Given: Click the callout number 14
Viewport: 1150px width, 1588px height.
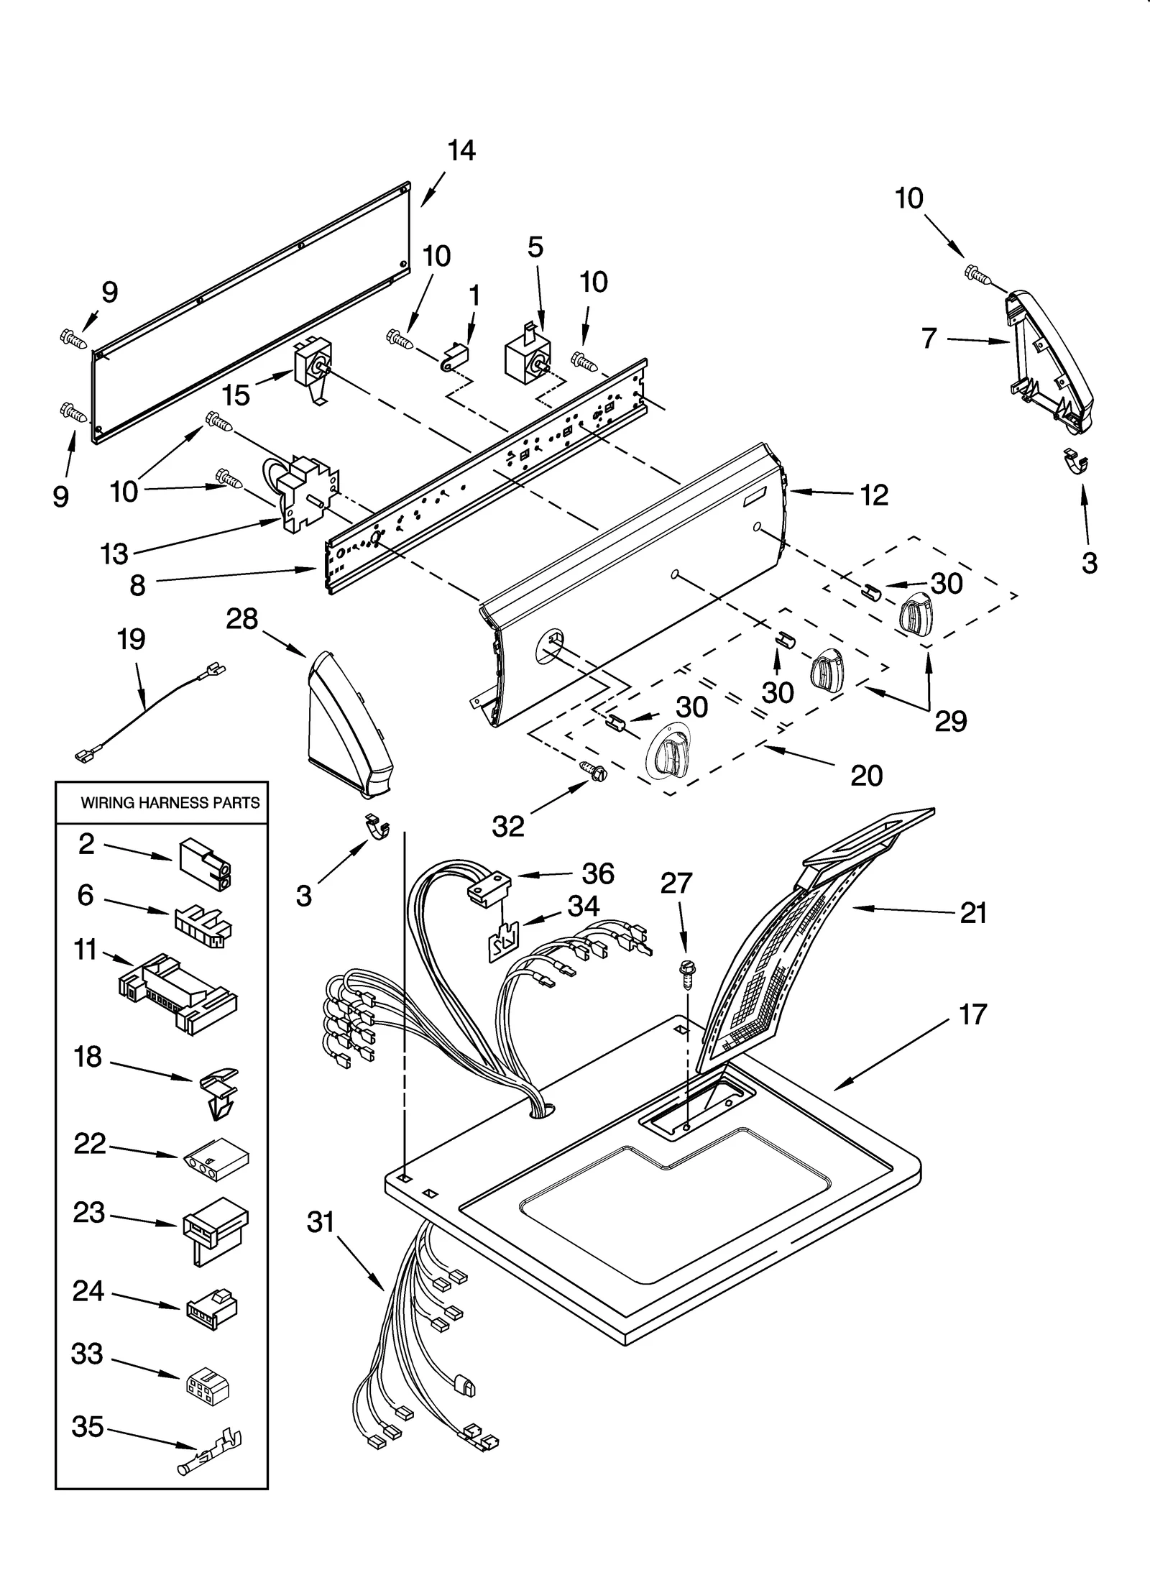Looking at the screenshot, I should pyautogui.click(x=461, y=151).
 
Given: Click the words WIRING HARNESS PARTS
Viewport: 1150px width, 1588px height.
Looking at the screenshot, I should pyautogui.click(x=170, y=803).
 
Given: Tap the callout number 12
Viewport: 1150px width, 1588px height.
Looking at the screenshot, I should pyautogui.click(x=874, y=495).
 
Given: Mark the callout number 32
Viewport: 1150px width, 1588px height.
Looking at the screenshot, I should pyautogui.click(x=508, y=827).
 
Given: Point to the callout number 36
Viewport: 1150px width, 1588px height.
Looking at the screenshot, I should pyautogui.click(x=598, y=873).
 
